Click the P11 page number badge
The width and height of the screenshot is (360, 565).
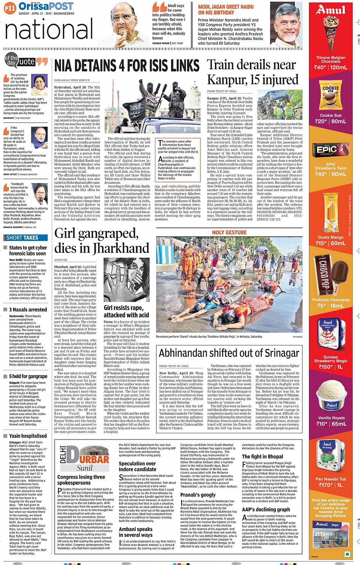click(x=10, y=8)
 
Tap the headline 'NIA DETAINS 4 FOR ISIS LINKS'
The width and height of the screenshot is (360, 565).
click(x=127, y=66)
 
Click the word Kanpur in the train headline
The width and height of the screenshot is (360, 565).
click(x=225, y=80)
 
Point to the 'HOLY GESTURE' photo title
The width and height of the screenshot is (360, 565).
click(x=229, y=232)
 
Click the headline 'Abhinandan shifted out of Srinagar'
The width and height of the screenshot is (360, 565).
click(x=229, y=353)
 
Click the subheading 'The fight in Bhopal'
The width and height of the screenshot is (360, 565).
click(x=262, y=456)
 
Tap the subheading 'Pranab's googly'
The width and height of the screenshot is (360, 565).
click(x=198, y=495)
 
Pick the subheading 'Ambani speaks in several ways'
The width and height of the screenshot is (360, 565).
click(x=136, y=532)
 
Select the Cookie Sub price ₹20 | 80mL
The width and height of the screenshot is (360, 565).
click(x=331, y=121)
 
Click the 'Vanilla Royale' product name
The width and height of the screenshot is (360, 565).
click(x=331, y=418)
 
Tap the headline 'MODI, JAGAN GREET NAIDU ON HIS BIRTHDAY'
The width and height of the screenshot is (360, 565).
click(x=226, y=10)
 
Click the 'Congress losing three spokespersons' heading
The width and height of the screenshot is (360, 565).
click(x=81, y=480)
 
